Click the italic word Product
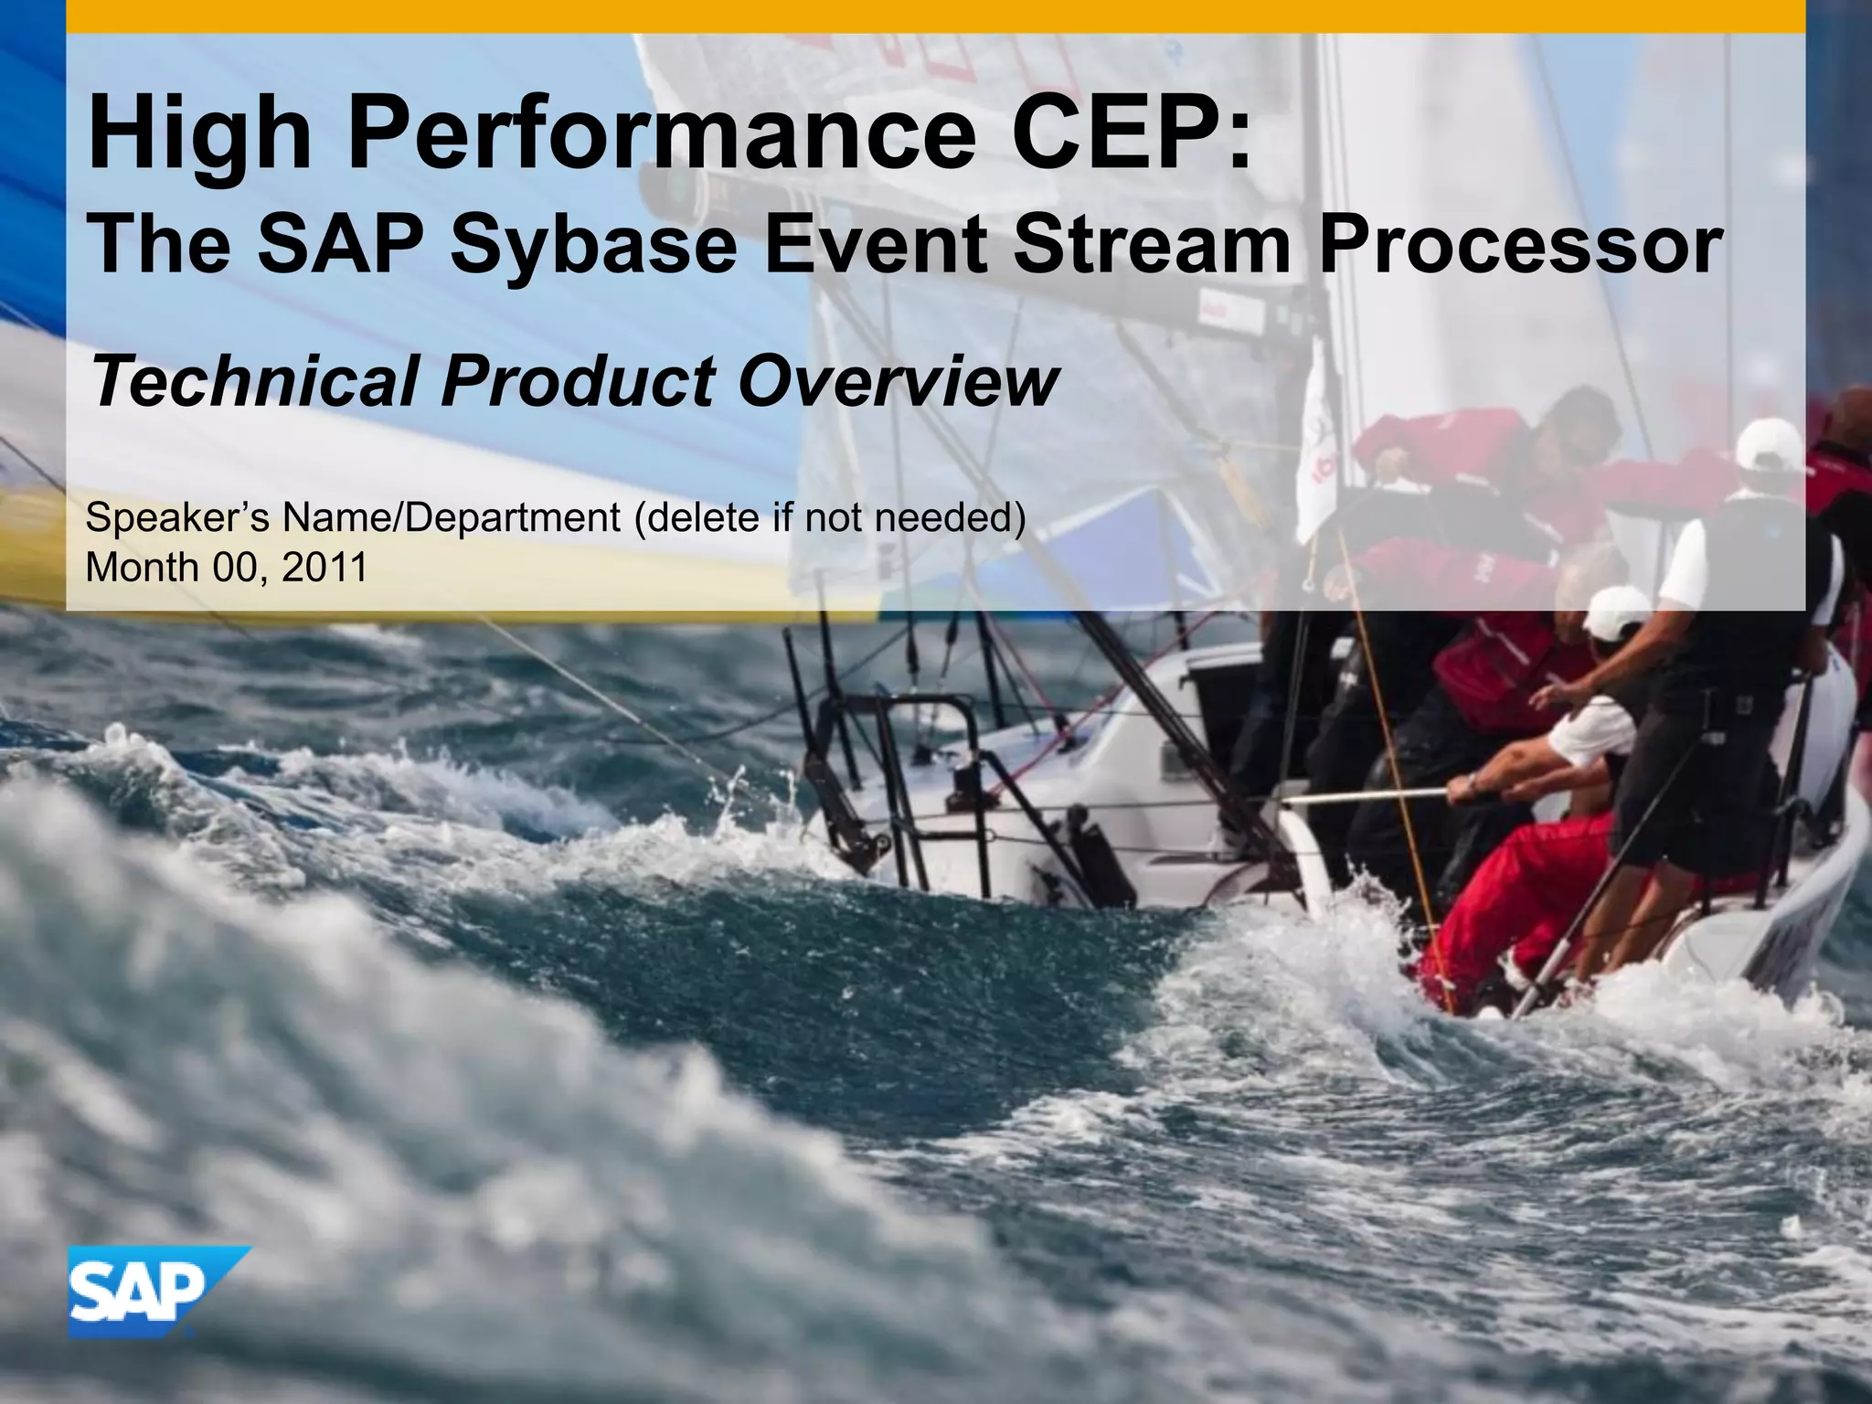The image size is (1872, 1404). click(577, 382)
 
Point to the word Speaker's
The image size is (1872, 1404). click(177, 518)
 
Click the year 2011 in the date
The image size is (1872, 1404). click(324, 568)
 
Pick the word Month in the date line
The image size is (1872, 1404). click(142, 568)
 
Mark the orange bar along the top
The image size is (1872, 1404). click(936, 16)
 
